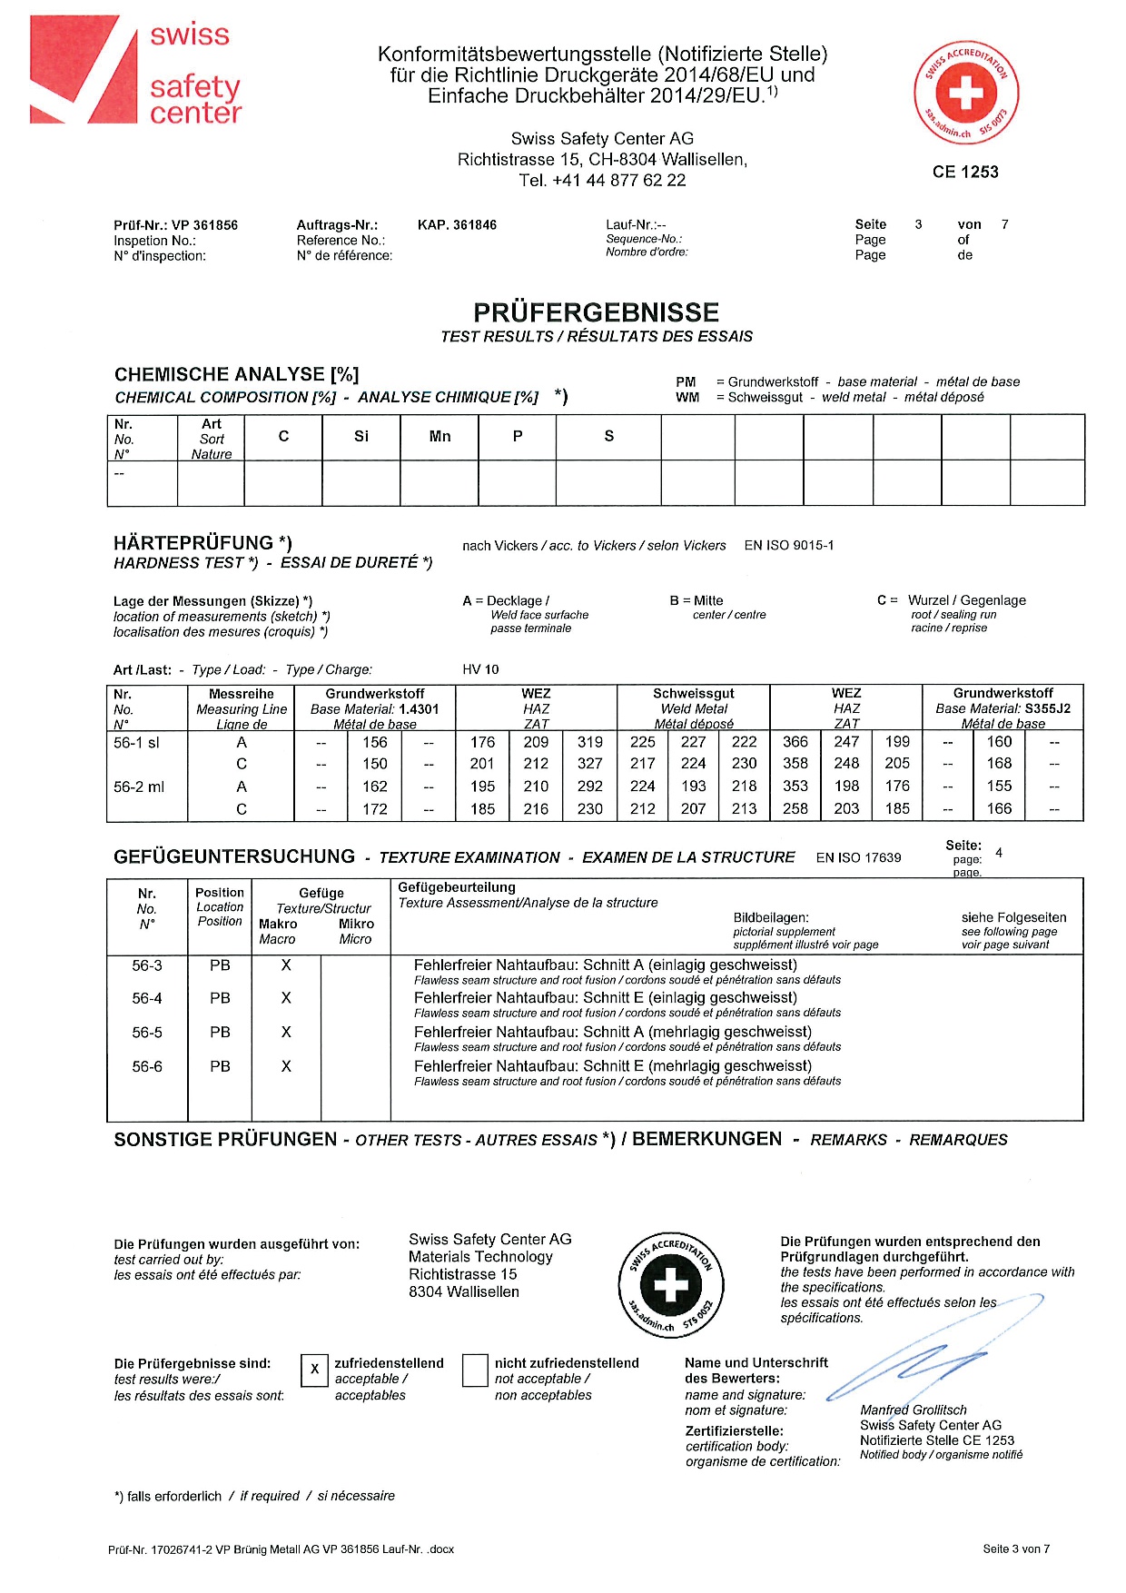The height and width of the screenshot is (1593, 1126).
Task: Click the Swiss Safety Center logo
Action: (x=136, y=71)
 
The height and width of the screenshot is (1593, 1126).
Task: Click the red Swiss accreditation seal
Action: (x=966, y=92)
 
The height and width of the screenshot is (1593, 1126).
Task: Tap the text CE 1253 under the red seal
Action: (x=965, y=172)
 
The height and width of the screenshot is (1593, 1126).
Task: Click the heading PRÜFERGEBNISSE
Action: (x=596, y=312)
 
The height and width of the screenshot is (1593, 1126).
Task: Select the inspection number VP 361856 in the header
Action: (x=204, y=225)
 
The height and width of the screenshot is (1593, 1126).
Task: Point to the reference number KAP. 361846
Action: (x=457, y=225)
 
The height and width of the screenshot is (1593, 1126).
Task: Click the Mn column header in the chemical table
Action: (x=440, y=437)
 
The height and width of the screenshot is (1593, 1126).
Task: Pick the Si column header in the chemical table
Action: (x=361, y=437)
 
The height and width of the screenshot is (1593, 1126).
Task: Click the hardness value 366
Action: (x=795, y=742)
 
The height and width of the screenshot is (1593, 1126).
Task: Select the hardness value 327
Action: (x=589, y=764)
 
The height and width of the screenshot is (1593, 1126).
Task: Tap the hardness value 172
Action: (x=375, y=808)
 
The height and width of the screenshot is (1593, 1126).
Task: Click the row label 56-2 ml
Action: (x=139, y=787)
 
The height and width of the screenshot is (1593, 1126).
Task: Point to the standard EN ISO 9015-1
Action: (x=788, y=546)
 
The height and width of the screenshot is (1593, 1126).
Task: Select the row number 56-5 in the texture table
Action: (x=147, y=1033)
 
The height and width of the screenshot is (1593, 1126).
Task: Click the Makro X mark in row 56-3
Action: (x=286, y=965)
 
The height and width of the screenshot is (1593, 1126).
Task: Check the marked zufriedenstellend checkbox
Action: (x=314, y=1370)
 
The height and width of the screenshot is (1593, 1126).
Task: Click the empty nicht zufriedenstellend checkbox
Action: (x=475, y=1370)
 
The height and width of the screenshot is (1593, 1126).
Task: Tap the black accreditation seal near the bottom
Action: (x=672, y=1285)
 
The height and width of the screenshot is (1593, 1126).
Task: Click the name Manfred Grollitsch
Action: (x=914, y=1410)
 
